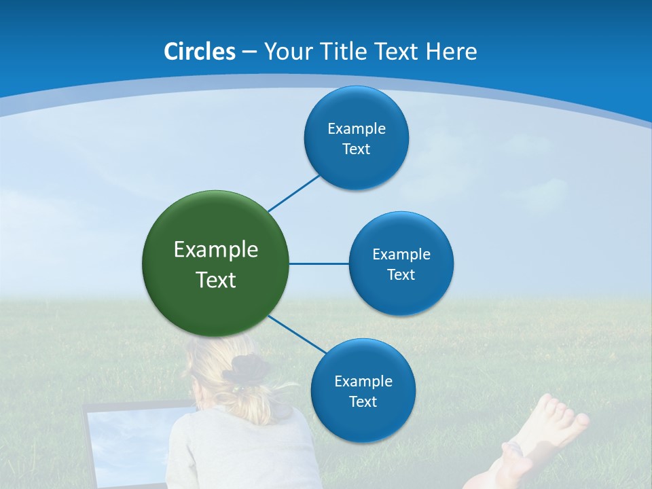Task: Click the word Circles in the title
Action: pos(200,52)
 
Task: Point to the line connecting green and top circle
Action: pos(294,194)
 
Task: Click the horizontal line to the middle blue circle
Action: pos(319,264)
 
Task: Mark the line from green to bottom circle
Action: pos(297,334)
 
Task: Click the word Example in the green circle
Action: pos(216,250)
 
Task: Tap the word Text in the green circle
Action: pos(216,280)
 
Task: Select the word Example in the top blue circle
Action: pos(357,128)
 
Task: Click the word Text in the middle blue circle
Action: pos(401,274)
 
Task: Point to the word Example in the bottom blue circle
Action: pos(363,381)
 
